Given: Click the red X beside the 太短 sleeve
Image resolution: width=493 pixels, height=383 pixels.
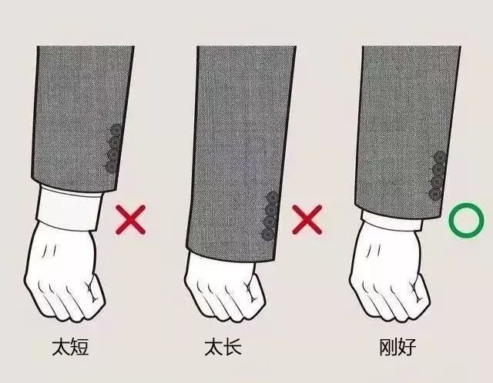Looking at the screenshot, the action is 131,220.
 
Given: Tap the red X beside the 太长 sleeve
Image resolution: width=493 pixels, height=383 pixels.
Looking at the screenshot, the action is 307,220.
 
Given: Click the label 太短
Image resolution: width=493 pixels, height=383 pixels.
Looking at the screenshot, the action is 70,347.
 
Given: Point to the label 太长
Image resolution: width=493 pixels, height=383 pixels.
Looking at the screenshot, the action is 223,347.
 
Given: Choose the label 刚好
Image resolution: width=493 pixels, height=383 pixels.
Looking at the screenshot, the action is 398,347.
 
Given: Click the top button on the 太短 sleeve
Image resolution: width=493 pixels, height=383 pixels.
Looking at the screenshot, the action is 116,130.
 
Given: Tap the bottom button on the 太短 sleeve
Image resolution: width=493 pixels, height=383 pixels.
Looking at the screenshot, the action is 112,167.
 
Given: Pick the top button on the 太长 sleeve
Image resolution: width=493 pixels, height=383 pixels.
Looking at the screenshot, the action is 272,198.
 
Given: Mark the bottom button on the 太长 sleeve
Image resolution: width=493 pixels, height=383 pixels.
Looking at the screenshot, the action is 268,235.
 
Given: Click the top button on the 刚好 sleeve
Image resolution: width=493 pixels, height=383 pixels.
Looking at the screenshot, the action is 440,158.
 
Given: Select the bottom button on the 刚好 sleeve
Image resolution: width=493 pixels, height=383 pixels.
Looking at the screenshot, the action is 435,194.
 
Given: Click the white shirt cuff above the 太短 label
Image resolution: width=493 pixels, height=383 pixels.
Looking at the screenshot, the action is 69,208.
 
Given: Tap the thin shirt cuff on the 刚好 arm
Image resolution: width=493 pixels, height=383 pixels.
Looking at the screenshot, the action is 391,220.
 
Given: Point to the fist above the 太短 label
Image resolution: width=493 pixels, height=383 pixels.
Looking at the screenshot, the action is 65,273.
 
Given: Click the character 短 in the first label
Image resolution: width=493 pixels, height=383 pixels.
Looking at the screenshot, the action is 80,347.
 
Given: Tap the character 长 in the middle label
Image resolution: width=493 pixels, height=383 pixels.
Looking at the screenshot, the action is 233,347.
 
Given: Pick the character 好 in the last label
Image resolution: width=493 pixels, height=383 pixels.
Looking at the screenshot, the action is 407,347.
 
